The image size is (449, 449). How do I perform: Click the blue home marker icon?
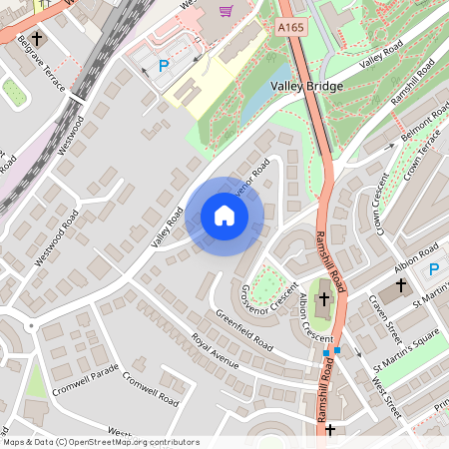(x=224, y=215)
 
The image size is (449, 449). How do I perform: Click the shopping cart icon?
(x=226, y=11)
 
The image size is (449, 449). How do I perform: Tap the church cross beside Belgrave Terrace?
(x=36, y=41)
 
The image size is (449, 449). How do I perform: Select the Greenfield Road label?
(x=237, y=331)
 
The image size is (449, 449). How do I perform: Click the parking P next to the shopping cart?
(x=165, y=66)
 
